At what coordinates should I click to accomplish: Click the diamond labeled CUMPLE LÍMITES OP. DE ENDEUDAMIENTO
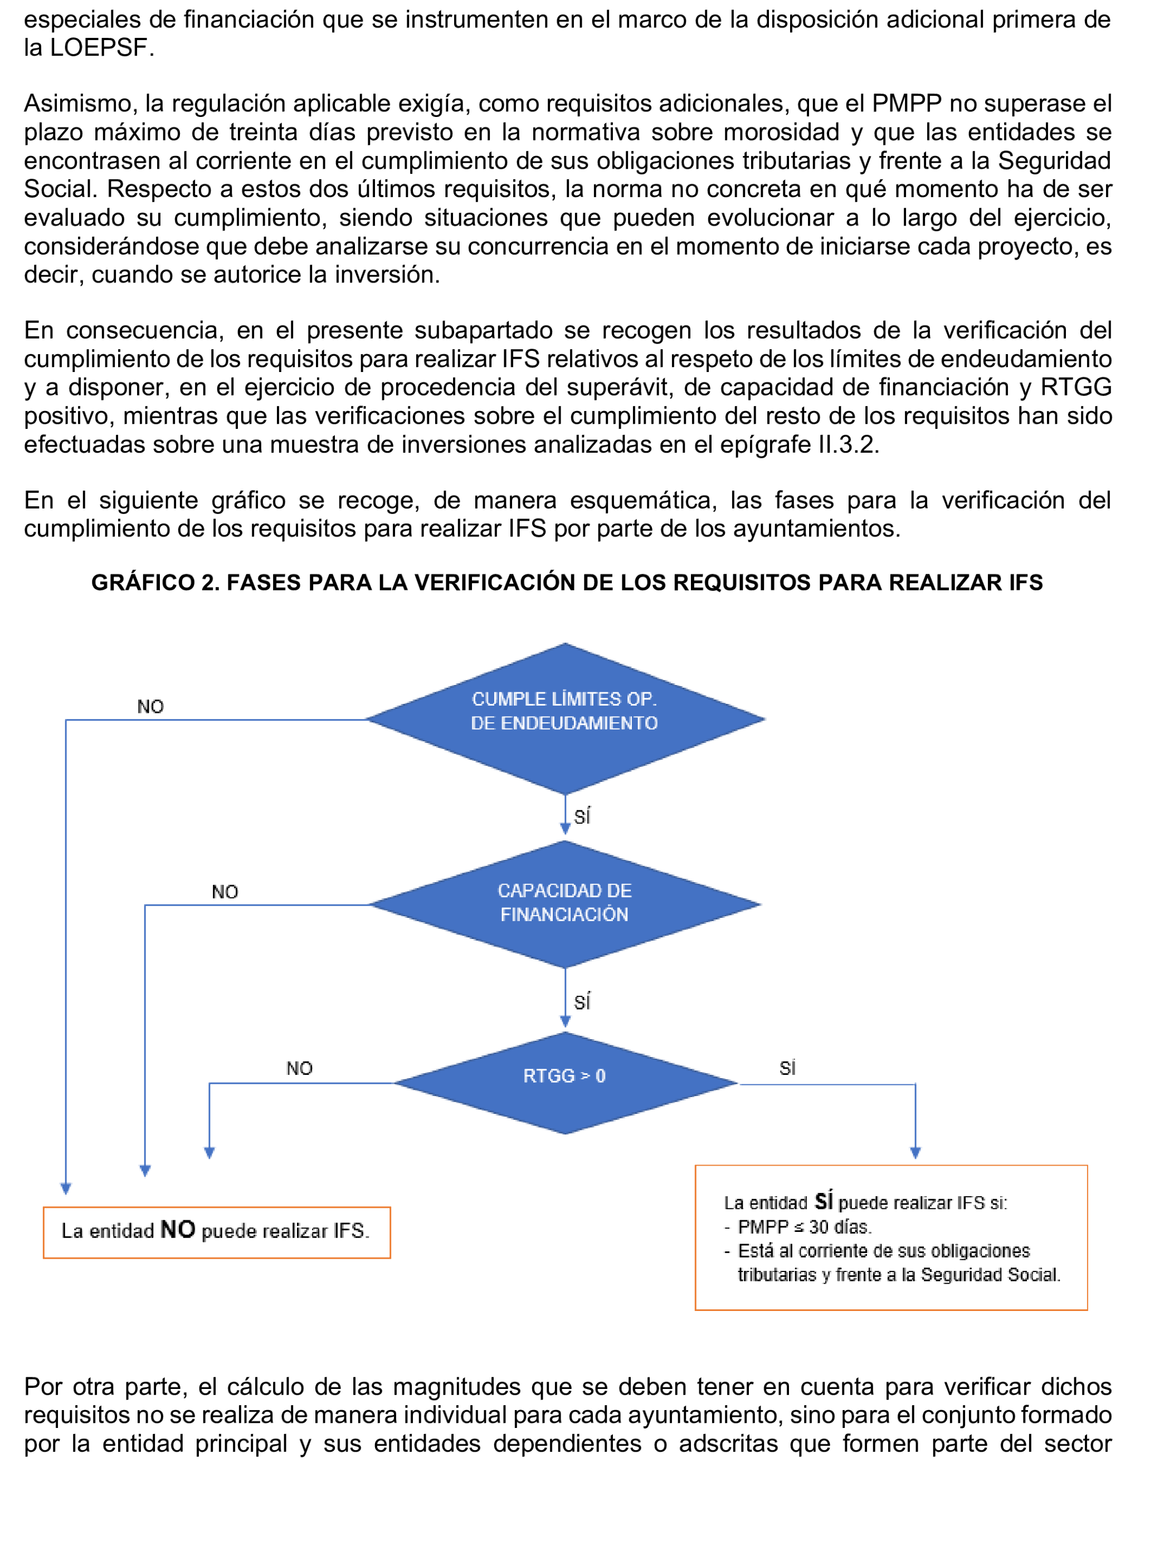(x=564, y=718)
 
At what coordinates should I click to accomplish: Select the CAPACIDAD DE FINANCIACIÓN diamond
(x=564, y=904)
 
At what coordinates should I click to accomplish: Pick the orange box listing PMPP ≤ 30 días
(x=890, y=1237)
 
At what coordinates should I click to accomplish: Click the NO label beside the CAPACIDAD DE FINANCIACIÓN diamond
(x=225, y=892)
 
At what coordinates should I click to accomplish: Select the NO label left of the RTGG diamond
(x=299, y=1068)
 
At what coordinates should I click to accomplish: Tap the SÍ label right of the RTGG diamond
(x=787, y=1068)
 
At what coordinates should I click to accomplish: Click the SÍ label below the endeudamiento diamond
(x=582, y=816)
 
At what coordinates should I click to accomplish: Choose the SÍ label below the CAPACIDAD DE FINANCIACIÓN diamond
(x=582, y=1002)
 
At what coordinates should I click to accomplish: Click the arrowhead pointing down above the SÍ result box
(x=915, y=1152)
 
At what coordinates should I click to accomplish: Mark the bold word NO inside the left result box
(x=178, y=1229)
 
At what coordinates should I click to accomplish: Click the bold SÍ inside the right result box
(x=824, y=1201)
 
